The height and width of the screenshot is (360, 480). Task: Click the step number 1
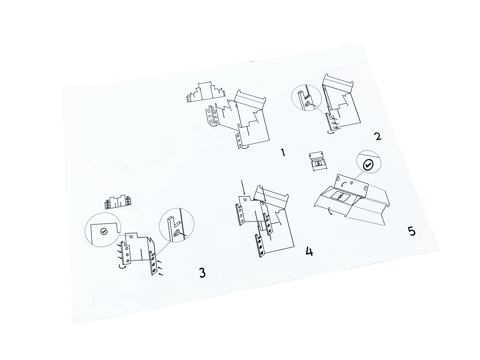coord(283,153)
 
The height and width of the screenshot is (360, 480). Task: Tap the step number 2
coord(378,136)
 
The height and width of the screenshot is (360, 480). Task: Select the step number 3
coord(202,273)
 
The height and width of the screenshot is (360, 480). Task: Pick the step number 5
coord(412,231)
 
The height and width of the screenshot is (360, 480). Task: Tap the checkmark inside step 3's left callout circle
coord(104,231)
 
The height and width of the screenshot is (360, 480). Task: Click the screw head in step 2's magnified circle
coord(307,104)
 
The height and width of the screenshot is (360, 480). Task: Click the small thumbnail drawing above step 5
coord(318,162)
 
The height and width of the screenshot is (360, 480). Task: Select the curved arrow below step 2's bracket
coord(331,132)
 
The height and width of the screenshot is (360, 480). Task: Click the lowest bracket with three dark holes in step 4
coord(260,245)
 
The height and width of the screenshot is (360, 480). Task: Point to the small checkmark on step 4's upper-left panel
coord(245,199)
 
